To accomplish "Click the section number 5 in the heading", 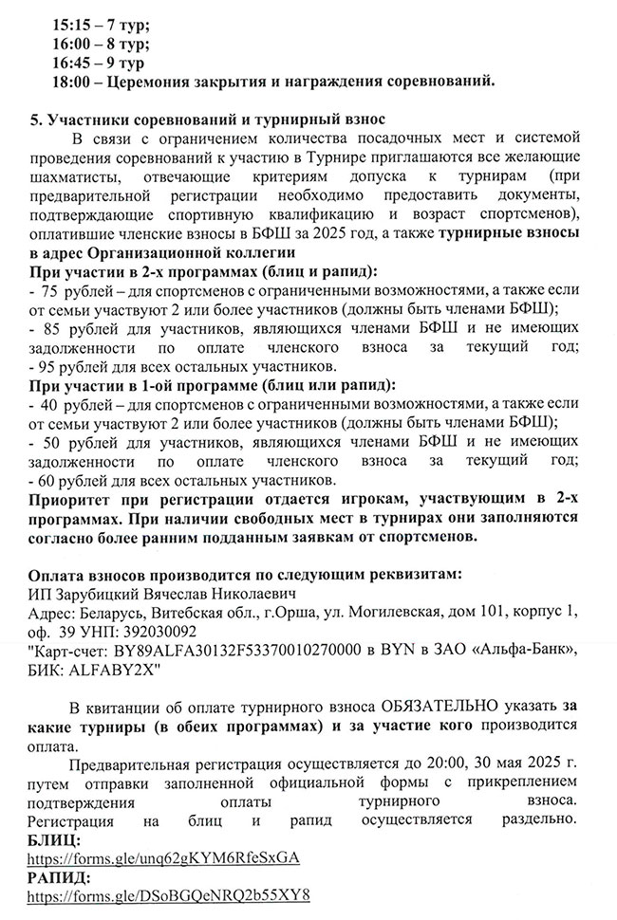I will click(x=35, y=120).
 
